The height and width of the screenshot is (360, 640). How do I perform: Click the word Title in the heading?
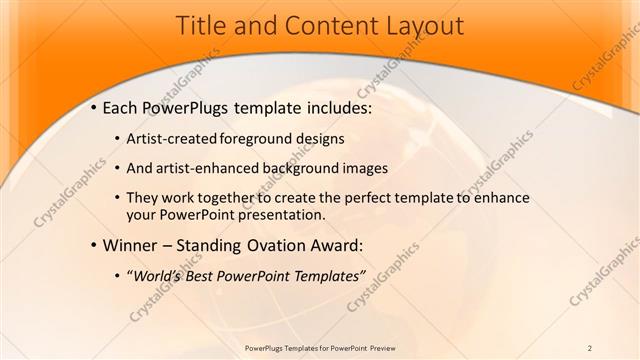click(200, 26)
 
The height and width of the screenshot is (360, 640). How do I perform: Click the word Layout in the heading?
click(420, 26)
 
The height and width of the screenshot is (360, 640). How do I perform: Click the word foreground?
click(255, 138)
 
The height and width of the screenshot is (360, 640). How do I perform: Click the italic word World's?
click(157, 275)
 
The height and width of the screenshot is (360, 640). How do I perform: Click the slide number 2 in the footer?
click(589, 347)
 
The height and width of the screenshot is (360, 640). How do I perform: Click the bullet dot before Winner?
click(94, 245)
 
